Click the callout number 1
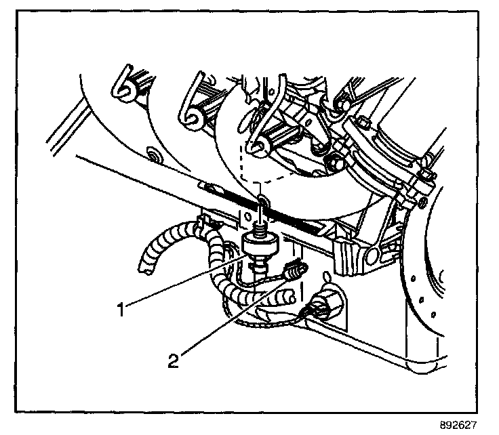[x=121, y=310]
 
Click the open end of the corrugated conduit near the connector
[x=290, y=294]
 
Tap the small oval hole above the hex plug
[x=328, y=277]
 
